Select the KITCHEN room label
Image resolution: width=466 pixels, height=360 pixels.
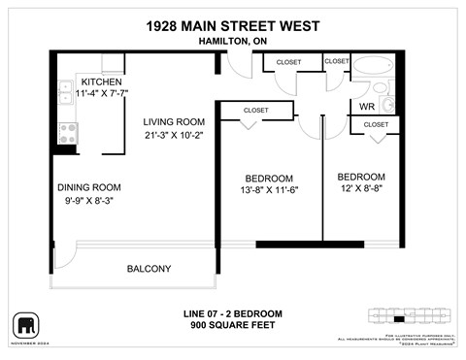coord(101,82)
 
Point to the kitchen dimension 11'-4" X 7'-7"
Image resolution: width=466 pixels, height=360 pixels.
coord(102,93)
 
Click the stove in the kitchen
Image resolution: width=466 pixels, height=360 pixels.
coord(68,128)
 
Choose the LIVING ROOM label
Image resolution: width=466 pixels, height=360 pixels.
coord(174,121)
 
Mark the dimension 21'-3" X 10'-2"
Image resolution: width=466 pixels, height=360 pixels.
coord(174,135)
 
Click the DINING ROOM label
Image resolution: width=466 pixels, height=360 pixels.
coord(88,187)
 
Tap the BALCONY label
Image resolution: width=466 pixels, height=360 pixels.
coord(149,269)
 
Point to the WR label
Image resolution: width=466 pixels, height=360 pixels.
coord(368,106)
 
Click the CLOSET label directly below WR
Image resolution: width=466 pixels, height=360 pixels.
coord(376,124)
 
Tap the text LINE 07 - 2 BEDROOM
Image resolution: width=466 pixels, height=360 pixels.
coord(232,313)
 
